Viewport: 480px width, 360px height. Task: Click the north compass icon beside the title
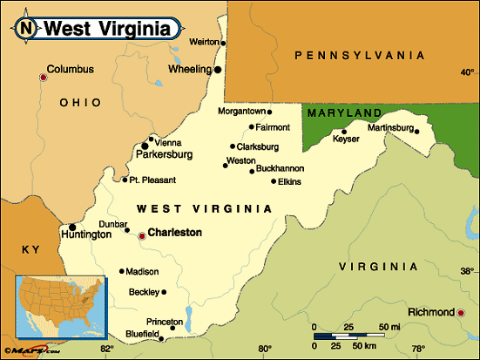point(27,27)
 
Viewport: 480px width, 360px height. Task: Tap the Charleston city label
point(174,233)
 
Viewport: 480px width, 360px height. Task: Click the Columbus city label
point(70,69)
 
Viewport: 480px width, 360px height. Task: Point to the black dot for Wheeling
point(218,69)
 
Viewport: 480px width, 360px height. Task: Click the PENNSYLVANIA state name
point(360,55)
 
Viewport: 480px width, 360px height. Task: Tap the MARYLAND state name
point(343,113)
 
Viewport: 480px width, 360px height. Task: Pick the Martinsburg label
point(389,128)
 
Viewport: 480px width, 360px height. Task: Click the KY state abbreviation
point(30,249)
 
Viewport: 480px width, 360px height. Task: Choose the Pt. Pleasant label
point(152,180)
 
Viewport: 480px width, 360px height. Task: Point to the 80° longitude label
point(265,350)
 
